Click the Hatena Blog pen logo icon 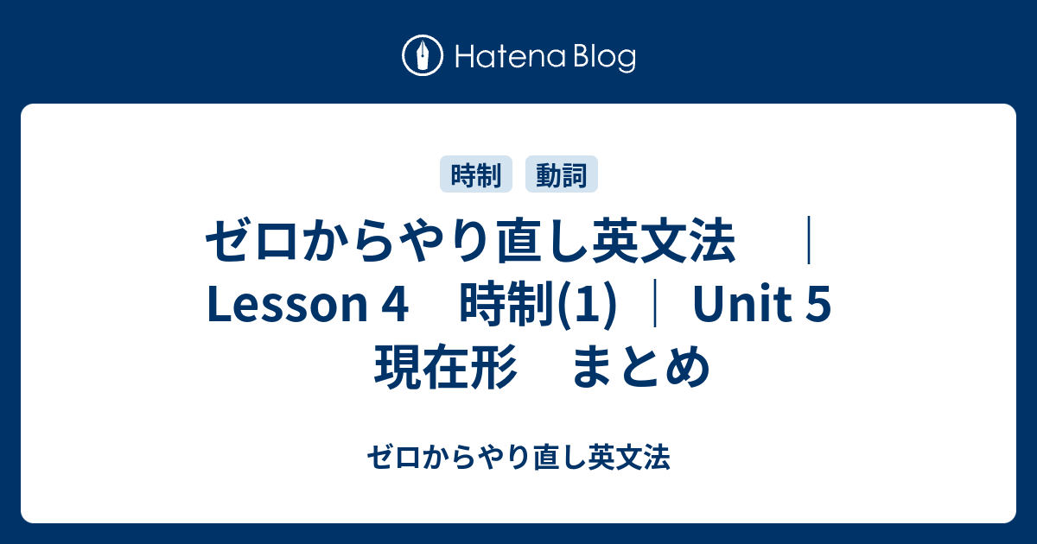[423, 55]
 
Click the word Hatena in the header [511, 57]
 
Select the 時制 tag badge [476, 174]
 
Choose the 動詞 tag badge [562, 174]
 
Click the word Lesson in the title [287, 304]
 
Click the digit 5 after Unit [818, 304]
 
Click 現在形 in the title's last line [445, 367]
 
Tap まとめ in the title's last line [640, 367]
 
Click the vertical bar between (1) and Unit [655, 304]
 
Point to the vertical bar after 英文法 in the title [809, 241]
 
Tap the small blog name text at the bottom [518, 457]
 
